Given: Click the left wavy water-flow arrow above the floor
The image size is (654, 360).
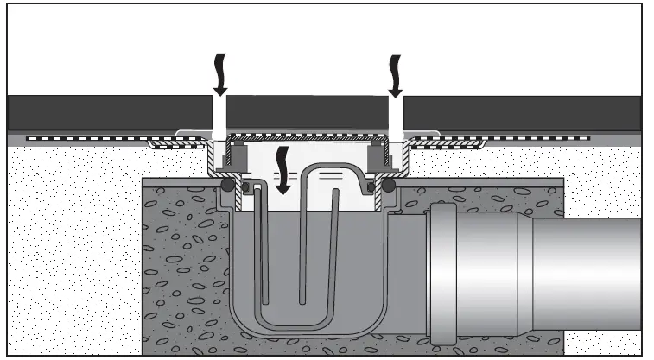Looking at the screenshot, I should (219, 74).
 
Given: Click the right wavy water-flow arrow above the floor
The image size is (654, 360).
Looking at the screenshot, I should (396, 74).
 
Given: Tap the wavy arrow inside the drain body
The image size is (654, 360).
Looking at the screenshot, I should (282, 167).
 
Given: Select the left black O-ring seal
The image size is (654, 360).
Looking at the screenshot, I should (226, 185).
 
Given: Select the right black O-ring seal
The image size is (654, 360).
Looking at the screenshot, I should (388, 185).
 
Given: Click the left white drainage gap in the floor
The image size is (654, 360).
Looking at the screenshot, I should (219, 116).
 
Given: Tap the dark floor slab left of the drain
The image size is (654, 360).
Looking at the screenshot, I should (104, 112).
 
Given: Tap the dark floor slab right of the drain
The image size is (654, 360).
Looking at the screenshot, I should (518, 112).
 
